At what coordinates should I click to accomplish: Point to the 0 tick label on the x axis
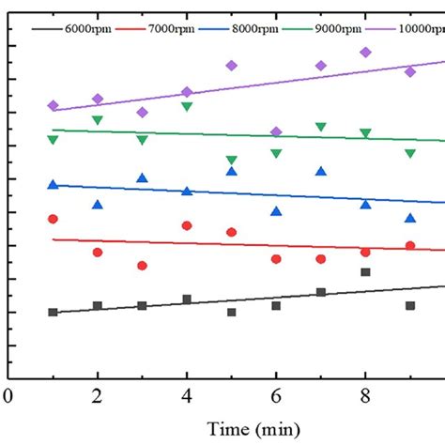coord(8,395)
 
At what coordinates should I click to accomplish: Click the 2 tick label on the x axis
coord(98,395)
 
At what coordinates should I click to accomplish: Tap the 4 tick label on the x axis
coord(187,395)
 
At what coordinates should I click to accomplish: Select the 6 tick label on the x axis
coord(276,395)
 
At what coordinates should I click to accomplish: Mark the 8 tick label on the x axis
coord(365,395)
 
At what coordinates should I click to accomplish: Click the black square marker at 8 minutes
coord(365,272)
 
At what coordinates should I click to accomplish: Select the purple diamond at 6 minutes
coord(276,131)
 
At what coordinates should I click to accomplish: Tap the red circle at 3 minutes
coord(142,266)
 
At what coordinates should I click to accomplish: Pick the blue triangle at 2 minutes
coord(98,205)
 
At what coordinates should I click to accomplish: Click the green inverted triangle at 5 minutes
coord(231,160)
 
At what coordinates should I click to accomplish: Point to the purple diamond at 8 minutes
coord(365,53)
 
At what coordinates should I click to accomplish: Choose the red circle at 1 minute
coord(53,219)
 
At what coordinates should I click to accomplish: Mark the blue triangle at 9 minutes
coord(410,218)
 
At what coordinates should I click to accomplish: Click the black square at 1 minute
coord(53,312)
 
